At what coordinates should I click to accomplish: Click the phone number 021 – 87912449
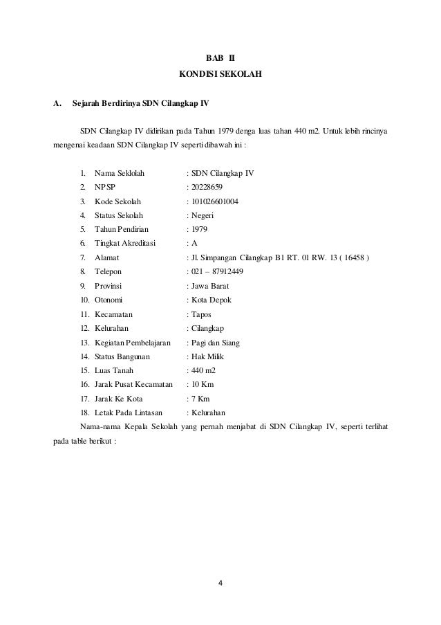[217, 272]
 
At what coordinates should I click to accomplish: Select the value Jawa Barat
[210, 286]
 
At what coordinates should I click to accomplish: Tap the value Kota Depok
[212, 300]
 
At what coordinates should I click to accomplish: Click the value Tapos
[202, 314]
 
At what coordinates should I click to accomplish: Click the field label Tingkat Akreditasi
[125, 244]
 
